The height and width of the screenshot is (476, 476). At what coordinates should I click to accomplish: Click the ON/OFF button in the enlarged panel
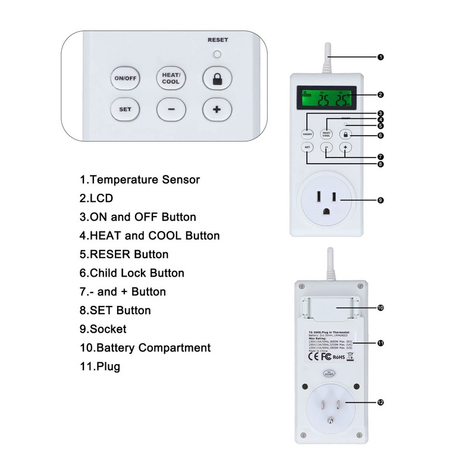(x=124, y=79)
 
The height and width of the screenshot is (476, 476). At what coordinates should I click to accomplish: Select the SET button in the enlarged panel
(x=125, y=109)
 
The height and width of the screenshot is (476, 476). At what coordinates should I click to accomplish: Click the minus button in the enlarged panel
(x=171, y=109)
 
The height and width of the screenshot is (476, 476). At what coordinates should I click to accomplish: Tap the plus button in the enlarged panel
(x=217, y=109)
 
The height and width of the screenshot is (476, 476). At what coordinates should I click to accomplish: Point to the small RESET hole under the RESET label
(x=217, y=54)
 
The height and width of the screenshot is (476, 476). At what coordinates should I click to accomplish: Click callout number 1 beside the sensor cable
(x=380, y=58)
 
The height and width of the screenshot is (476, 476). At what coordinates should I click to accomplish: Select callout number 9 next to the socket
(x=380, y=200)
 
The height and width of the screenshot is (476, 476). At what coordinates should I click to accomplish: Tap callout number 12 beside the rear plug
(x=380, y=402)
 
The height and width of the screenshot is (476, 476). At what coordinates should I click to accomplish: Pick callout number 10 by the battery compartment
(x=380, y=308)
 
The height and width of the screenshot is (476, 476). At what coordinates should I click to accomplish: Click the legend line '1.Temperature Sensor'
(x=140, y=179)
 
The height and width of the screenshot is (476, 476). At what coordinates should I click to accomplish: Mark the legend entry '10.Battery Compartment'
(x=145, y=347)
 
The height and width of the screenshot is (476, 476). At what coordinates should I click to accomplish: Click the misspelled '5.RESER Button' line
(x=124, y=254)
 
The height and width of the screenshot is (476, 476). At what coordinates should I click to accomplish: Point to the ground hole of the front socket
(x=327, y=211)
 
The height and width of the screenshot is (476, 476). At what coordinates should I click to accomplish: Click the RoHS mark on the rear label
(x=339, y=357)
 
